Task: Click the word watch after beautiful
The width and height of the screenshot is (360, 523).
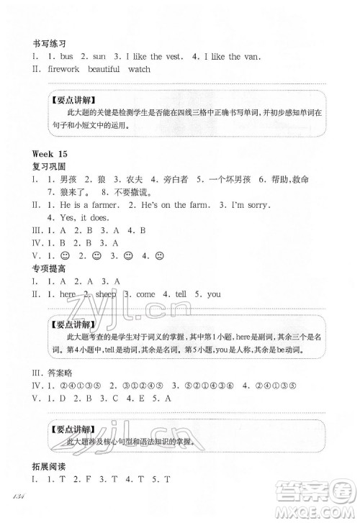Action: pyautogui.click(x=140, y=70)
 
